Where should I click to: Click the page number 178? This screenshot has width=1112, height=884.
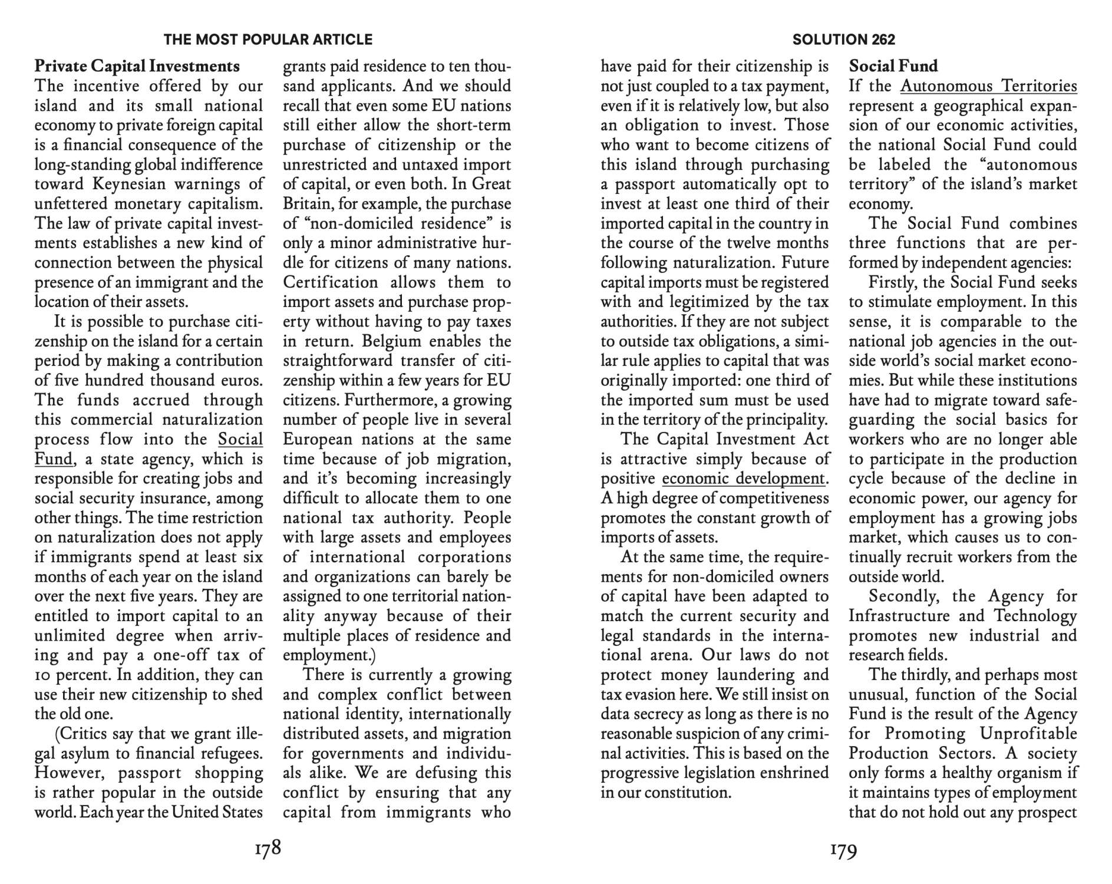pos(268,850)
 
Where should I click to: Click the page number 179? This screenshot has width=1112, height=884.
pos(843,850)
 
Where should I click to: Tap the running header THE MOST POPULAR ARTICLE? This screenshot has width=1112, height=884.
pos(268,39)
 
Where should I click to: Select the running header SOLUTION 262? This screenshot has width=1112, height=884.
pos(843,39)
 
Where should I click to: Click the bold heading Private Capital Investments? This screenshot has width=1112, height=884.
pos(137,66)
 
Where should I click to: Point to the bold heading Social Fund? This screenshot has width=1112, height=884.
pos(893,66)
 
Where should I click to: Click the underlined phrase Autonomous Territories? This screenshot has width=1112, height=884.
pos(988,86)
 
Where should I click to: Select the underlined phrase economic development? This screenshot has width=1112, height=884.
pos(744,479)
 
